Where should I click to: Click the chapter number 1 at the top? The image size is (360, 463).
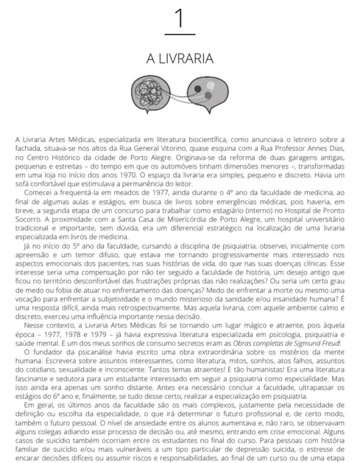coord(180,17)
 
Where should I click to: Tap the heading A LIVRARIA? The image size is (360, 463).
coord(180,57)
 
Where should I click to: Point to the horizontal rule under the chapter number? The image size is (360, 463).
coord(180,34)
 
